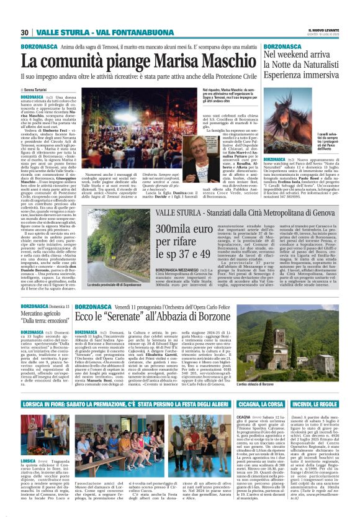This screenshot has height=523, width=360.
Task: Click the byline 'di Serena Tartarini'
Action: pos(37,89)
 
